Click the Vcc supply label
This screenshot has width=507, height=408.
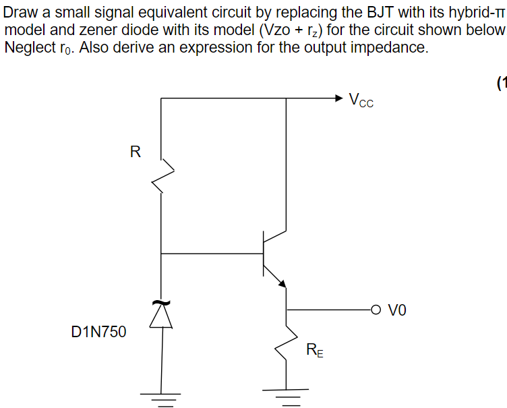(x=361, y=101)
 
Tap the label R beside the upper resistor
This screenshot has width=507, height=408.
(x=135, y=152)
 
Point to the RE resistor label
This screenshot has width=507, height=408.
(x=314, y=349)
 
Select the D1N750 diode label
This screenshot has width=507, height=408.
(x=98, y=331)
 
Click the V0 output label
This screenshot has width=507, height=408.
(x=398, y=310)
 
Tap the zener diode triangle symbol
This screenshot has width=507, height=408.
(x=162, y=316)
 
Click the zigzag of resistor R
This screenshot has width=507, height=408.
(x=162, y=177)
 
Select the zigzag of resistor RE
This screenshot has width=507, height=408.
(x=287, y=344)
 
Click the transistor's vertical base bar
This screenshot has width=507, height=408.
(x=264, y=254)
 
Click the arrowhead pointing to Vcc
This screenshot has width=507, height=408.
(x=339, y=98)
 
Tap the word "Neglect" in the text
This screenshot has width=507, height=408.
(x=29, y=49)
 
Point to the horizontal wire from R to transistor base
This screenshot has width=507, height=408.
(x=212, y=254)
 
